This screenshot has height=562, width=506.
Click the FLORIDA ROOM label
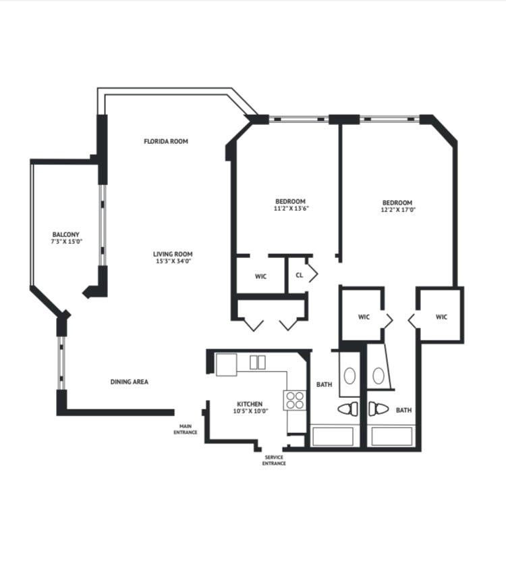pyautogui.click(x=165, y=141)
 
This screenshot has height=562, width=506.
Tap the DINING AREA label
pyautogui.click(x=129, y=382)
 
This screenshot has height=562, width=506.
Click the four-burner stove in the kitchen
pyautogui.click(x=294, y=401)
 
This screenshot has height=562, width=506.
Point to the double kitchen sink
pyautogui.click(x=258, y=362)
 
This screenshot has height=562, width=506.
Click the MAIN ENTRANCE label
pyautogui.click(x=185, y=428)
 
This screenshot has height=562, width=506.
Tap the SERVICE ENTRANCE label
pyautogui.click(x=274, y=460)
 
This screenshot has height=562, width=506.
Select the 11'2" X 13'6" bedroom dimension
pyautogui.click(x=290, y=209)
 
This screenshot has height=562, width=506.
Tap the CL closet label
pyautogui.click(x=299, y=275)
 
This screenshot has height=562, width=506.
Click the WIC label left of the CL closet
pyautogui.click(x=261, y=276)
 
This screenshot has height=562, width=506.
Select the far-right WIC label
pyautogui.click(x=441, y=316)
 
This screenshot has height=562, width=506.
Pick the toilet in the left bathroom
pyautogui.click(x=349, y=409)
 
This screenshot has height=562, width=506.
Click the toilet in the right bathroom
pyautogui.click(x=376, y=409)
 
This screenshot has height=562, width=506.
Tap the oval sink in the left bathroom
pyautogui.click(x=349, y=375)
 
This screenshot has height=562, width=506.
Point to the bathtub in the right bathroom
pyautogui.click(x=392, y=436)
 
